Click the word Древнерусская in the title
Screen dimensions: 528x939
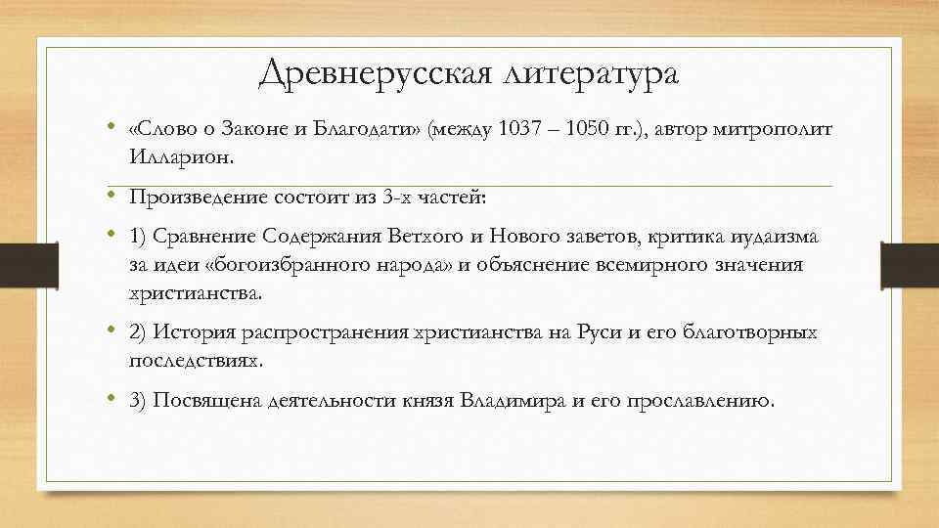(x=372, y=74)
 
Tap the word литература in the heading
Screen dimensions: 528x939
(x=588, y=74)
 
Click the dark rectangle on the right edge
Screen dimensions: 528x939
(x=911, y=264)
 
